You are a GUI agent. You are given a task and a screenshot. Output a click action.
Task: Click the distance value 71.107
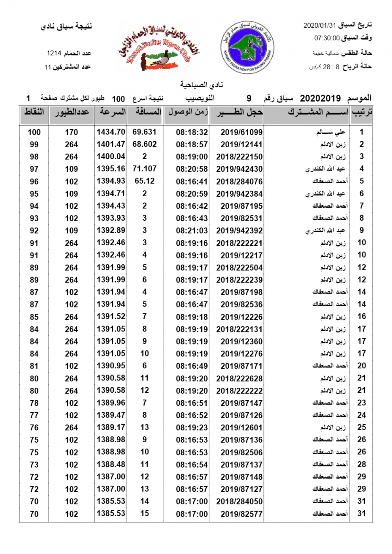(x=144, y=169)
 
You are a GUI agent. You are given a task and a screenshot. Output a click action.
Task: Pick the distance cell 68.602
(x=144, y=144)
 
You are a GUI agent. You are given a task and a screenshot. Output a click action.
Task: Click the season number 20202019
(x=320, y=98)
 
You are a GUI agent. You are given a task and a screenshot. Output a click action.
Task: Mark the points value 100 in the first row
(x=34, y=132)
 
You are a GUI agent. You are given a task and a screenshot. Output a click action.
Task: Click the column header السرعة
(x=110, y=112)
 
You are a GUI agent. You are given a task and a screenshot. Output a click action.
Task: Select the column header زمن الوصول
(x=186, y=112)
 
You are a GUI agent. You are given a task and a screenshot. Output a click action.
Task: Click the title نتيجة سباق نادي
(x=67, y=26)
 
